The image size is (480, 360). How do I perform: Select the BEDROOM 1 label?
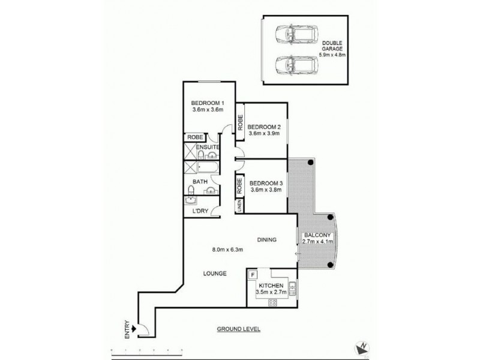pos(207,101)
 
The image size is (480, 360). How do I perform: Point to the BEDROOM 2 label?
pos(264,127)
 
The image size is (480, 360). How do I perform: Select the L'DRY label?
pos(200,211)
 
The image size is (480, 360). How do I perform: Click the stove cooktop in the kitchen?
pos(272,302)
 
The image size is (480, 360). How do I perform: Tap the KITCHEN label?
pos(271,286)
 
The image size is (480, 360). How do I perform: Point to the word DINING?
pos(266,240)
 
